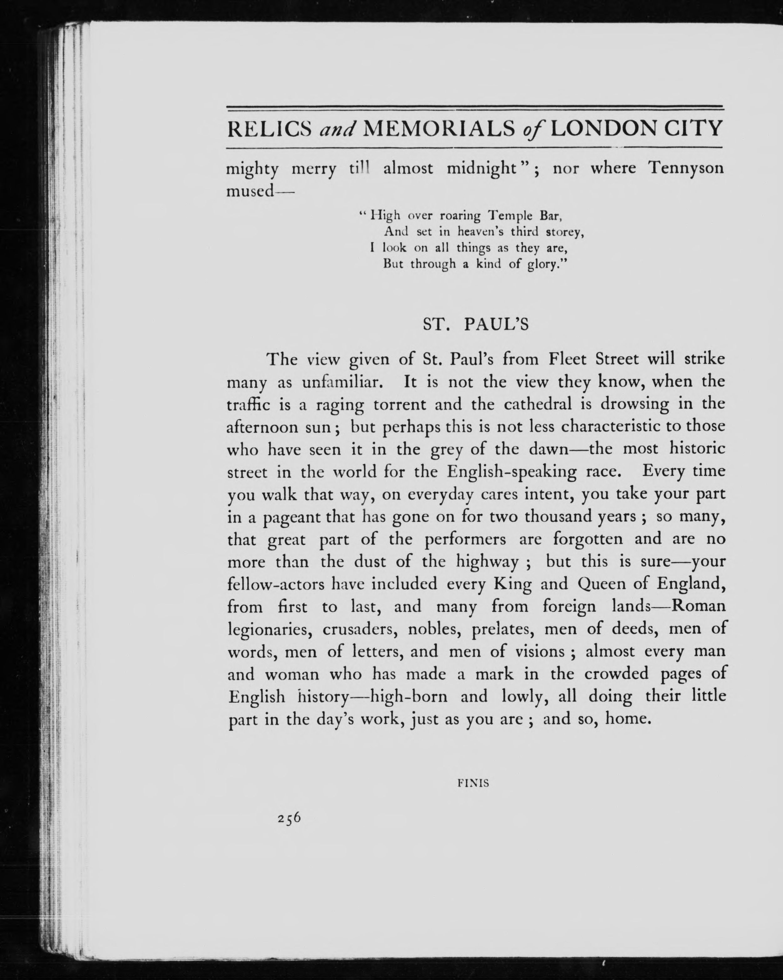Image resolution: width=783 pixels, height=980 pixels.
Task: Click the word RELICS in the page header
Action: [x=269, y=129]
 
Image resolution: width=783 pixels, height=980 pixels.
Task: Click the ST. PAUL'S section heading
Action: [x=476, y=325]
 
